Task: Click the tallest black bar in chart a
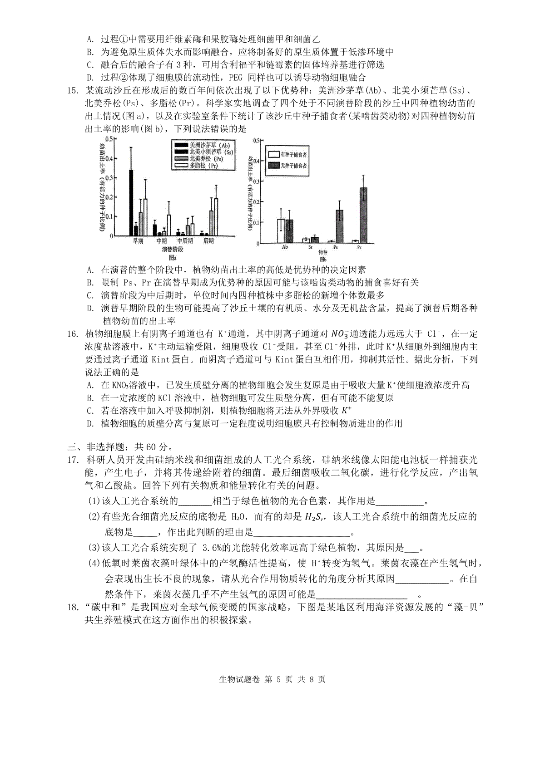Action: tap(131, 203)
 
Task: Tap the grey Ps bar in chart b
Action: tap(340, 226)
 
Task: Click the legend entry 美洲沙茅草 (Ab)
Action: tap(204, 145)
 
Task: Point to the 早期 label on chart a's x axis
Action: tap(138, 241)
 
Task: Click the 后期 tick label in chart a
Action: tap(209, 241)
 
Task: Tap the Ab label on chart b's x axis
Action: tap(285, 248)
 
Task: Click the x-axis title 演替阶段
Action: tap(172, 250)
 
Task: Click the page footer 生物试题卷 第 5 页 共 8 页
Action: tap(272, 692)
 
